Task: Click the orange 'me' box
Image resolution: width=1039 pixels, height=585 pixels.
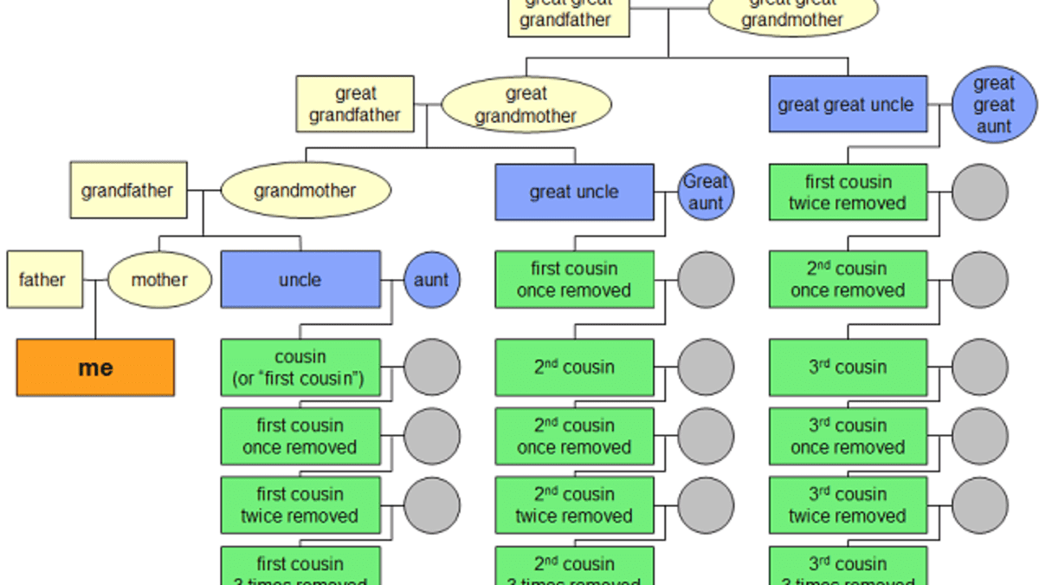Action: coord(95,367)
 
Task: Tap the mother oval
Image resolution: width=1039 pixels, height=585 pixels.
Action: coord(159,279)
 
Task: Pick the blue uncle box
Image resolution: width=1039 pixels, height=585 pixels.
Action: coord(300,279)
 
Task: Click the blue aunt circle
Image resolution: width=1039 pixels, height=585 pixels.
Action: coord(431,279)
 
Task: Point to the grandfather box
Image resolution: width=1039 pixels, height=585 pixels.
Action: coord(127,190)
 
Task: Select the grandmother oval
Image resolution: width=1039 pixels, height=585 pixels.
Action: coord(305,190)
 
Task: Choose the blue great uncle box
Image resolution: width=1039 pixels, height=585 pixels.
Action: coord(574,192)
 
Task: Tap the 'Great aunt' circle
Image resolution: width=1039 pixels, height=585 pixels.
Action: coord(706,192)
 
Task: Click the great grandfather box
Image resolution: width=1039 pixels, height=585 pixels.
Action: coord(355,104)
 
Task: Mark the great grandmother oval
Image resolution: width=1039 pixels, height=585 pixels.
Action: coord(526,104)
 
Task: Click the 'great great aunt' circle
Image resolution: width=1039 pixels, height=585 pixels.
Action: coord(994,105)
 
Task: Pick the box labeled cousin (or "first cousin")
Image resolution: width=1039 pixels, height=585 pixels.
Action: coord(300,367)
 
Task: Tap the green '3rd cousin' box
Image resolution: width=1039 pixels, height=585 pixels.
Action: coord(848,367)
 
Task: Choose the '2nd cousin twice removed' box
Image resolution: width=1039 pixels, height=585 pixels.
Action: coord(574,505)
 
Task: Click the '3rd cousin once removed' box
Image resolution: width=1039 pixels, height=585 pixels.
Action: coord(848,436)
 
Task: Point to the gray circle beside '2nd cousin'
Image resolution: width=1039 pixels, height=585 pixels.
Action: coord(706,367)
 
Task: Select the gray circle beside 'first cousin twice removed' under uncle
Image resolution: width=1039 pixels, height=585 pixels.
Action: coord(431,505)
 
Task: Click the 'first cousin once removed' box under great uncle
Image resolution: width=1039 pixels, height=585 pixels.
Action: coord(574,279)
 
